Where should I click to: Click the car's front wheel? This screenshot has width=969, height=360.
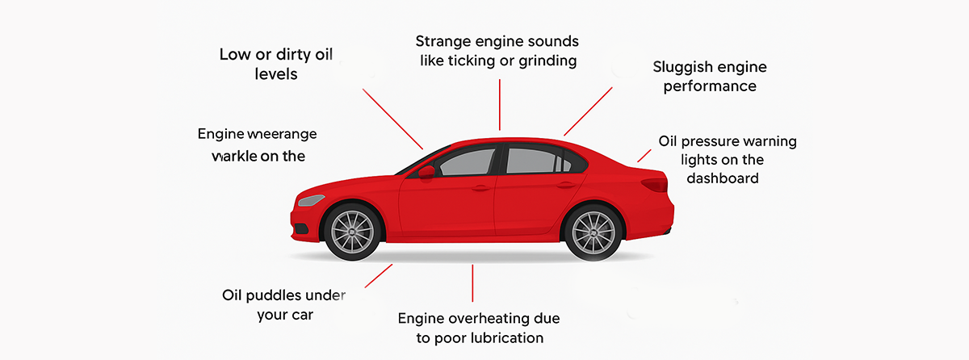pos(351,232)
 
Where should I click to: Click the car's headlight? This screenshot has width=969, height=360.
pos(312,200)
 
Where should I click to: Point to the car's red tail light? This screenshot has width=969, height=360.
pos(655,185)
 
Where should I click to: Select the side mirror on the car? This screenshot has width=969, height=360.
pos(426,171)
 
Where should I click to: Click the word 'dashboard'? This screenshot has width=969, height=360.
pos(723,178)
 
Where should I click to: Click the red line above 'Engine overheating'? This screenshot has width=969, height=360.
pos(472,283)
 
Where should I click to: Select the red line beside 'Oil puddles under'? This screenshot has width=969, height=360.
pos(378,275)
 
